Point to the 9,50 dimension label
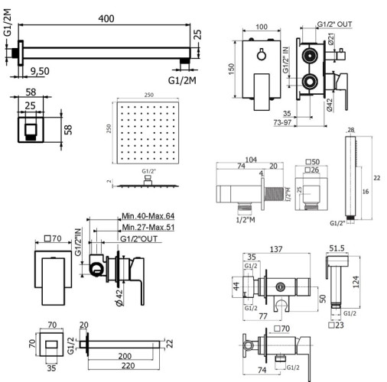pos(39,70)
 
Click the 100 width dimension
pos(261,28)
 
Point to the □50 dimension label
pos(313,161)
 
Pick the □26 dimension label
pos(313,170)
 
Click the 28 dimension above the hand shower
pos(350,131)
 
